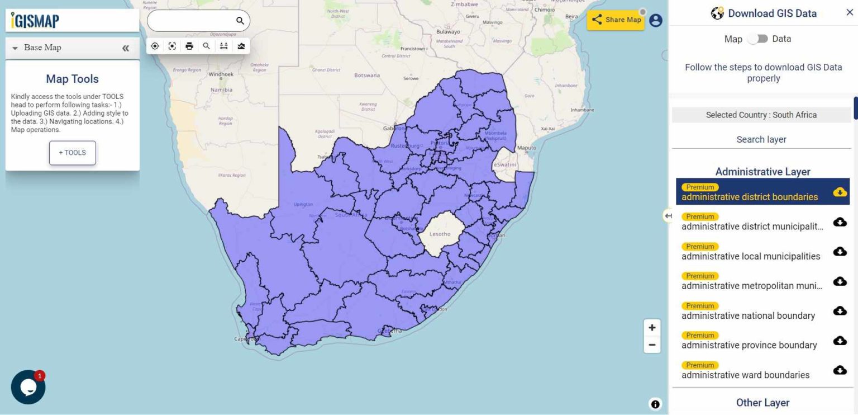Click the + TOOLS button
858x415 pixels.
coord(73,153)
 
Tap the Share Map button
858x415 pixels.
coord(616,20)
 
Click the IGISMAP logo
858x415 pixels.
coord(35,21)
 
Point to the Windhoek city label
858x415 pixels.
coord(220,74)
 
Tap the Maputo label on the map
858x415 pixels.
coord(527,148)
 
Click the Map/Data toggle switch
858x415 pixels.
coord(757,39)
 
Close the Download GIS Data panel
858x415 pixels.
coord(850,13)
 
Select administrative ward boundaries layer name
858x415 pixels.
coord(745,375)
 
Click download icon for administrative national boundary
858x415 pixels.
coord(840,311)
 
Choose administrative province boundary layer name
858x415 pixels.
coord(749,345)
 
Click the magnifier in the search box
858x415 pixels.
coord(240,21)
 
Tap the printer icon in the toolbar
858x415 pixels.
coord(189,46)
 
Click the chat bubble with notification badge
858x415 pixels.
coord(28,387)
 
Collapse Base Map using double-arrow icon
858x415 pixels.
coord(126,48)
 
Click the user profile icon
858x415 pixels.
coord(656,20)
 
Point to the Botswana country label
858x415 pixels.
coord(367,75)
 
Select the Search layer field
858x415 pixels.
coord(761,139)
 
